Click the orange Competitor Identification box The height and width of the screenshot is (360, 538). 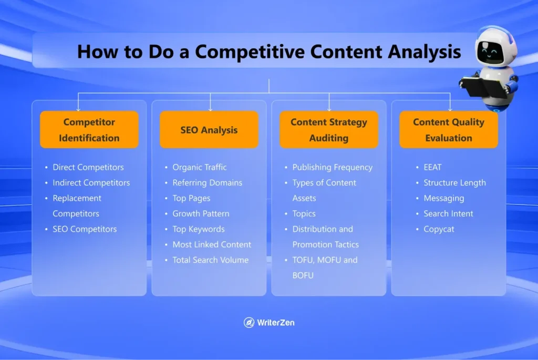(89, 130)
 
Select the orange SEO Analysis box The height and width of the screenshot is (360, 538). (209, 130)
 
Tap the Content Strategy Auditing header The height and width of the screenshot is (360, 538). (329, 130)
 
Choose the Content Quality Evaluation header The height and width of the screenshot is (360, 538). (448, 130)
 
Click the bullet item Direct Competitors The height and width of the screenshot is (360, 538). (88, 167)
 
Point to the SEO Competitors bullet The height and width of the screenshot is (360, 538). (85, 229)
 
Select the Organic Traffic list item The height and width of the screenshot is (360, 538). (200, 167)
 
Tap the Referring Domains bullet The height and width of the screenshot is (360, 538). (207, 183)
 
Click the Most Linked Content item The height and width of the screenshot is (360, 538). (212, 244)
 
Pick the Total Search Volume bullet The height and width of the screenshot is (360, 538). (210, 260)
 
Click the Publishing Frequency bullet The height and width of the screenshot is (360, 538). (332, 167)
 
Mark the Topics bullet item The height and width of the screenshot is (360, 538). (304, 213)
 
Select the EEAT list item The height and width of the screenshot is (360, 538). (432, 167)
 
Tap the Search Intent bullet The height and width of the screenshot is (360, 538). (448, 213)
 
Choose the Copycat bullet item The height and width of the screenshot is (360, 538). (439, 229)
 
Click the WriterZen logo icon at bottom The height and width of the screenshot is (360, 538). (249, 323)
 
